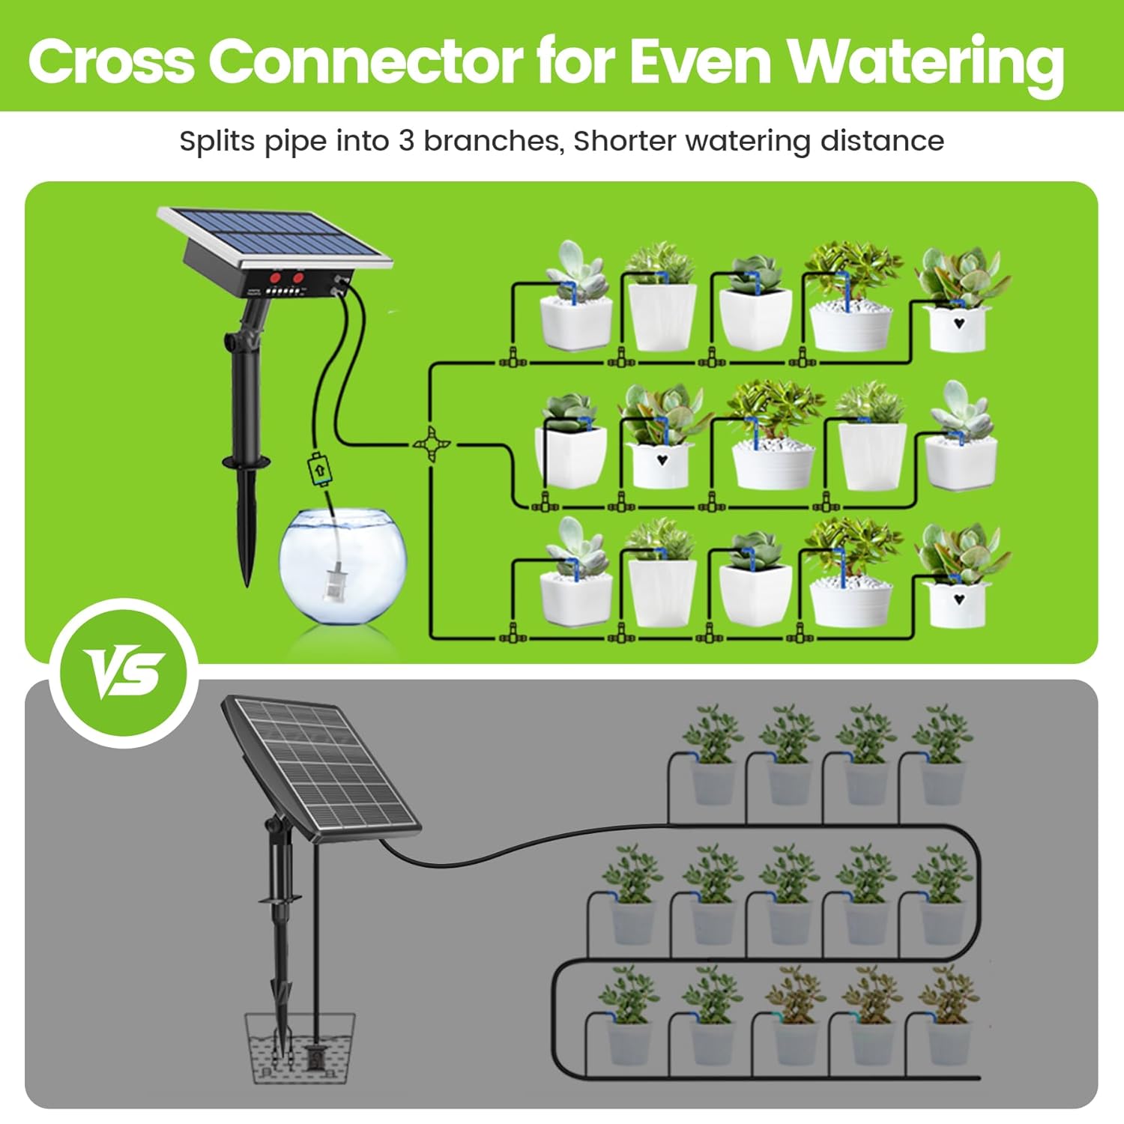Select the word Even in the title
point(700,61)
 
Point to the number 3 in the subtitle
point(406,141)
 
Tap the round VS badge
point(124,672)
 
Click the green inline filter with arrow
point(318,471)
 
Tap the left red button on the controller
point(275,278)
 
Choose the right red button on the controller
point(299,278)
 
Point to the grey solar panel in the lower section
point(321,766)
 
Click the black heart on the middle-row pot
point(661,460)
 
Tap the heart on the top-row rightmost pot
point(958,324)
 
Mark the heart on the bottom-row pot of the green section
point(958,599)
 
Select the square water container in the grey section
point(300,1049)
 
